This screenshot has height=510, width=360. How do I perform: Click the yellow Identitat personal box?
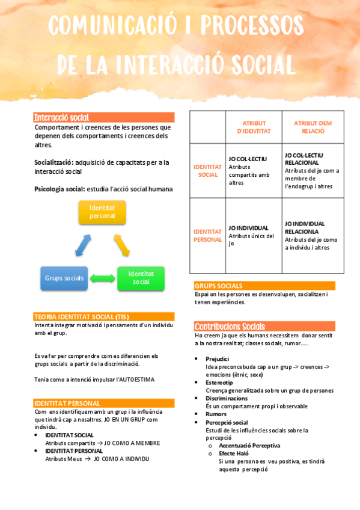click(x=102, y=212)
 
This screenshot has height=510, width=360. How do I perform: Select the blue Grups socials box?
click(x=64, y=278)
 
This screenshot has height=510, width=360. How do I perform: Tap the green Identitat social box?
click(x=141, y=278)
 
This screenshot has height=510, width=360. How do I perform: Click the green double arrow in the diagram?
click(x=102, y=278)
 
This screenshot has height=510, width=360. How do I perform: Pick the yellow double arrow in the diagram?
click(x=121, y=245)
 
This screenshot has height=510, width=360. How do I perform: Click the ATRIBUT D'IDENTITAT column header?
click(x=254, y=127)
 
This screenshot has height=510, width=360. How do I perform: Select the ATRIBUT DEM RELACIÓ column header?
click(x=313, y=127)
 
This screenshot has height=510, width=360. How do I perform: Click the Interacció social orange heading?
click(x=62, y=117)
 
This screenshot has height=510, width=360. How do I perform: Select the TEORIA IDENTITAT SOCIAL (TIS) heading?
click(x=82, y=316)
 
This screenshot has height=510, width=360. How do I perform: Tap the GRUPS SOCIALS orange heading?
click(x=219, y=286)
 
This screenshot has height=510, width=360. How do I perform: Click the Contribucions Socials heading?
click(x=230, y=326)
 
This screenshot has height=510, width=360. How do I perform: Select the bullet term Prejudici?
click(x=218, y=358)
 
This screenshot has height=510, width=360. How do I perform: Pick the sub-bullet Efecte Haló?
click(x=234, y=453)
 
